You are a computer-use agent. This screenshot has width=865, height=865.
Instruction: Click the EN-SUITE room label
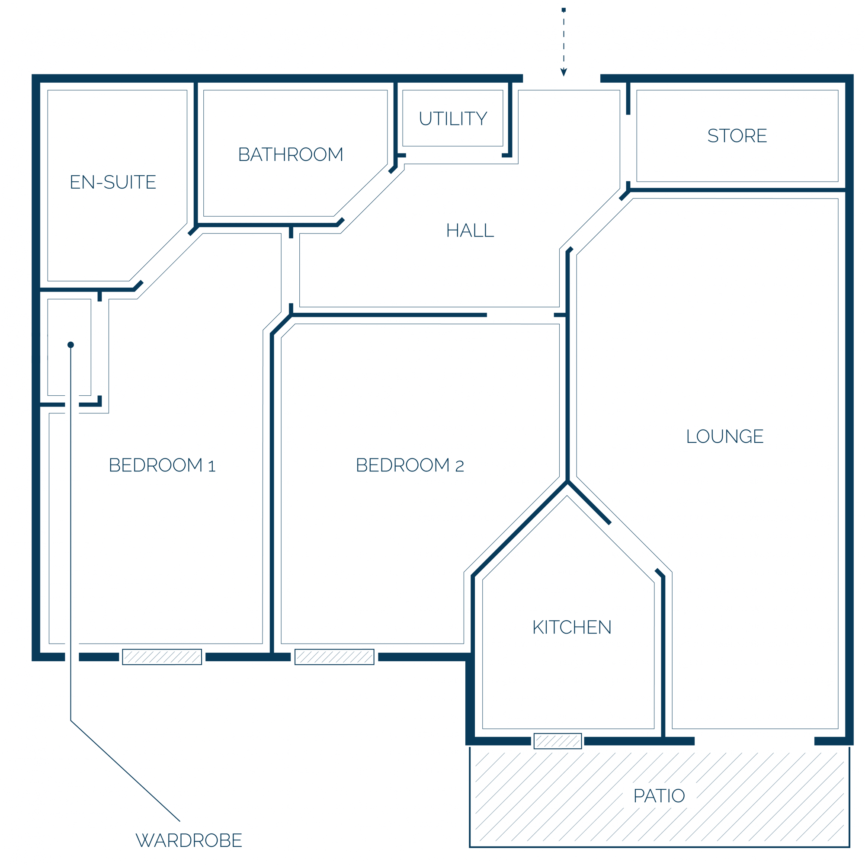tap(113, 182)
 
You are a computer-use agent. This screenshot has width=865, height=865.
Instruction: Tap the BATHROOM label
tap(291, 154)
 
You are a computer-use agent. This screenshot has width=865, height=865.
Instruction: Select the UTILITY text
tap(453, 119)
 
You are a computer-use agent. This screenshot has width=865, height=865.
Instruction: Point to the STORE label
tap(737, 136)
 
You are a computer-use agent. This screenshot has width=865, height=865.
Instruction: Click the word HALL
tap(470, 231)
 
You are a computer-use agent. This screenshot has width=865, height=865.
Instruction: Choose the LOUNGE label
tap(725, 436)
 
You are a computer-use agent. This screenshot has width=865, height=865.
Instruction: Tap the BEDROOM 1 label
tap(162, 465)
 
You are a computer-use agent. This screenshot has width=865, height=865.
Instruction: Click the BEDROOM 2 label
tap(410, 465)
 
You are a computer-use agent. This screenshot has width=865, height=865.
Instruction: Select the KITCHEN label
tap(572, 627)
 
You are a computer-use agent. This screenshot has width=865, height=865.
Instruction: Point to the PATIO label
tap(659, 796)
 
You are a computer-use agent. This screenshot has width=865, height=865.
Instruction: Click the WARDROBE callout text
tap(189, 840)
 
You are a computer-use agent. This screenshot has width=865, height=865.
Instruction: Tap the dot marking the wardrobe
tap(71, 345)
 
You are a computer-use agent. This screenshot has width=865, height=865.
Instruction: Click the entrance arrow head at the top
tap(564, 73)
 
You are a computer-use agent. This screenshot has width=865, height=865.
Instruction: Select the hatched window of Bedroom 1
tap(162, 657)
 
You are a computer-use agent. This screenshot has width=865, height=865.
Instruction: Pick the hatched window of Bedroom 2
tap(334, 657)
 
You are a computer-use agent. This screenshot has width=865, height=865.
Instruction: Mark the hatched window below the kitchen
tap(558, 741)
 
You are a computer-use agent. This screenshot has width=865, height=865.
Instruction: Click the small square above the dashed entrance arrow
tap(564, 10)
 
